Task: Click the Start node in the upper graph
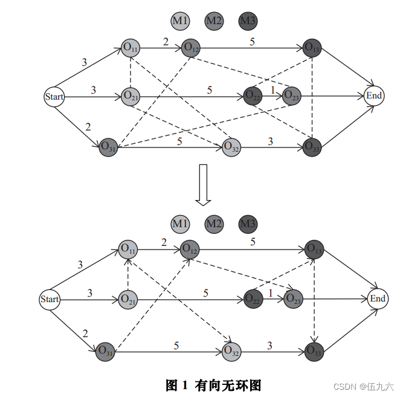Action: coord(54,97)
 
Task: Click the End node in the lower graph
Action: coord(378,299)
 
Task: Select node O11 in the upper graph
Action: coord(130,47)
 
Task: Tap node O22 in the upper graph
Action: coord(253,95)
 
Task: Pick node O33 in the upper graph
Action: coord(312,146)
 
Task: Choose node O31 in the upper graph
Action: coord(109,146)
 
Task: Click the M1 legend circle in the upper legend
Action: coord(180,22)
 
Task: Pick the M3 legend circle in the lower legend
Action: coord(248,225)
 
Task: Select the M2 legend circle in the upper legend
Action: coord(214,22)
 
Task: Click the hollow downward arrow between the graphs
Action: coord(204,184)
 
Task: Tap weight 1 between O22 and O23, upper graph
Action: coord(272,90)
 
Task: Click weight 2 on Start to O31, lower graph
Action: coord(85,333)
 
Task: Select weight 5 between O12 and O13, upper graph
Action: coord(252,41)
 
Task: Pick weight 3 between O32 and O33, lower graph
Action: coord(269,345)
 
